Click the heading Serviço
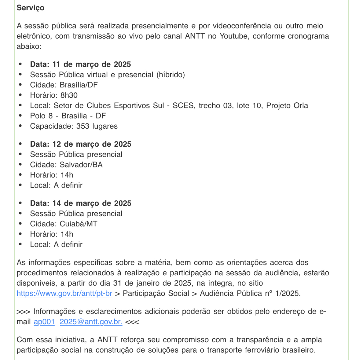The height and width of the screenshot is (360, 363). [x=30, y=8]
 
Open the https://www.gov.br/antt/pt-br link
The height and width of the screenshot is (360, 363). [x=64, y=293]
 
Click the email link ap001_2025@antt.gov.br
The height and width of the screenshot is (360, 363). [x=78, y=322]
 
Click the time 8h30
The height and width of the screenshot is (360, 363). [x=69, y=95]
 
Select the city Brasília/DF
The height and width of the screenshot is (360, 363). [x=78, y=85]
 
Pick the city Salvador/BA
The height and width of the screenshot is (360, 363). [x=81, y=165]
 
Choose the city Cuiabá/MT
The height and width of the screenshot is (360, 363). [x=78, y=224]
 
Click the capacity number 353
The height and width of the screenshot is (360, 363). [x=83, y=126]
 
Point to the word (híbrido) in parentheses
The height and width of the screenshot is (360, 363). [x=171, y=75]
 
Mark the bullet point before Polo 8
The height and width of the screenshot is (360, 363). [x=20, y=116]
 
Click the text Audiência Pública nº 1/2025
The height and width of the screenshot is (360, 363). [x=250, y=293]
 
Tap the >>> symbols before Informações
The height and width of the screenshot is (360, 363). [x=24, y=311]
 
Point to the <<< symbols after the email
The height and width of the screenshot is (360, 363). [x=132, y=322]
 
